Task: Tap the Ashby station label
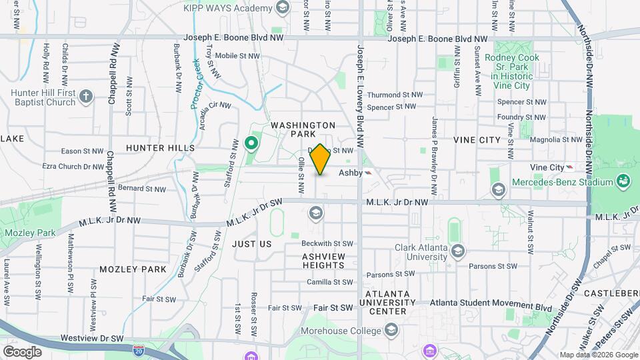coord(350,173)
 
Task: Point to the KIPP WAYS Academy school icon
coord(282,8)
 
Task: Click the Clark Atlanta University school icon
coord(457,251)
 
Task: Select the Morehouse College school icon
coord(391,331)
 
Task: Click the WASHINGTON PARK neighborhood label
coord(303,129)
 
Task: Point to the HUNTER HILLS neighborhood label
coord(160,147)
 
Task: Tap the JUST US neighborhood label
coord(252,244)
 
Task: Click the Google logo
coord(22,351)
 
